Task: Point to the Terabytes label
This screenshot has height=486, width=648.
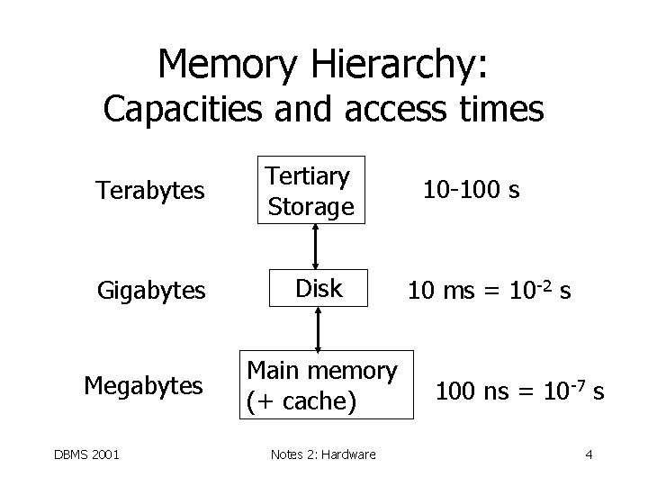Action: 151,191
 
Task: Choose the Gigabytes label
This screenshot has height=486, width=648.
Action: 151,291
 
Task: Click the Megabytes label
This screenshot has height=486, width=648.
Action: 144,386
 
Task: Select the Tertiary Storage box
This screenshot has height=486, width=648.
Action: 311,191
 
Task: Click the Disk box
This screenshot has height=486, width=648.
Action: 319,288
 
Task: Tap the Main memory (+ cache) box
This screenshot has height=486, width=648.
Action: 322,384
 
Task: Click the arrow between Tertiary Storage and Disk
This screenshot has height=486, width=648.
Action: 314,245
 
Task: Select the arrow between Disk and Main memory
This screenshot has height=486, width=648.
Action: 318,328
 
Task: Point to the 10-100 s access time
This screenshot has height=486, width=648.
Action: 472,191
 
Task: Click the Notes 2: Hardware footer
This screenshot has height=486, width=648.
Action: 322,454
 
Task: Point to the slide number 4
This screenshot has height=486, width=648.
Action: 588,454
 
